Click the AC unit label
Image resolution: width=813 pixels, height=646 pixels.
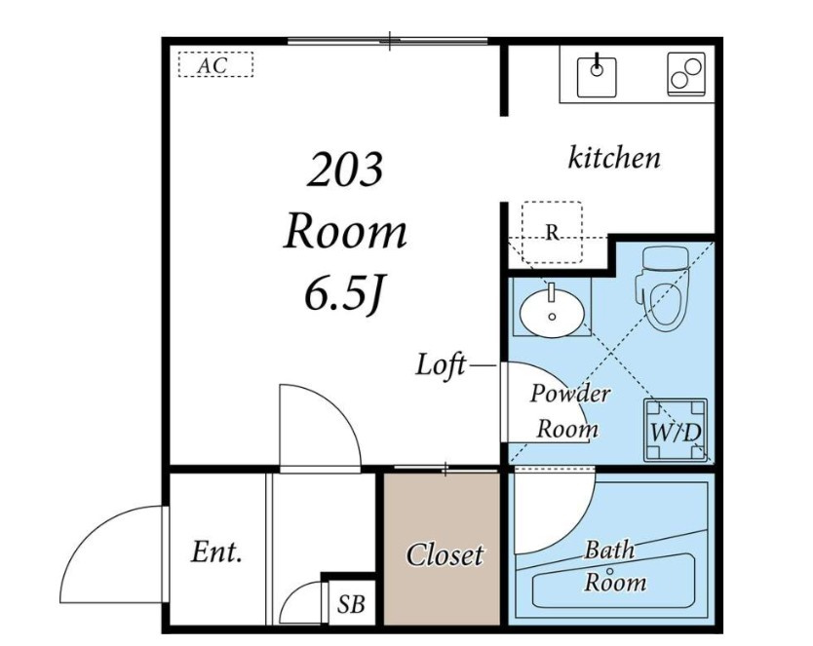point(213,66)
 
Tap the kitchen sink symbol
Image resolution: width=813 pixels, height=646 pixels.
point(597,77)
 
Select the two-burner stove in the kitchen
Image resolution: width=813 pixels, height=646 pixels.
point(686,74)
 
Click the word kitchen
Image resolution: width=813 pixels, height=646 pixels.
point(614,158)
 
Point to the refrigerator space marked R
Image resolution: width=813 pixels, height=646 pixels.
point(552,232)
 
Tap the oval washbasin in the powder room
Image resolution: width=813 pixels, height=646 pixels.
point(552,313)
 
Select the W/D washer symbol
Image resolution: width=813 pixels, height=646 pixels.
point(676,430)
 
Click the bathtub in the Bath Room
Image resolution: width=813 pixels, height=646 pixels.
point(613,583)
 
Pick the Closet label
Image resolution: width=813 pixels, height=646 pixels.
point(445,555)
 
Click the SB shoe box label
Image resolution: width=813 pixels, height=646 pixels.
point(351,604)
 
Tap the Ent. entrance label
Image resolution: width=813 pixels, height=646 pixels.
point(216,552)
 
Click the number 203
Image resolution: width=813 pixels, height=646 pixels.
point(345,170)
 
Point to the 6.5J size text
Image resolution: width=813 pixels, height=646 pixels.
point(344,296)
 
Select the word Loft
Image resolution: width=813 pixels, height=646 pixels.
point(441,364)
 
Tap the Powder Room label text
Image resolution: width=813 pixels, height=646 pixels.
point(568,411)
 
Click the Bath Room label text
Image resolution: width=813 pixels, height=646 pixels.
point(615,566)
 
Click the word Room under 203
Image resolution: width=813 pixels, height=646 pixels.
point(345,232)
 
